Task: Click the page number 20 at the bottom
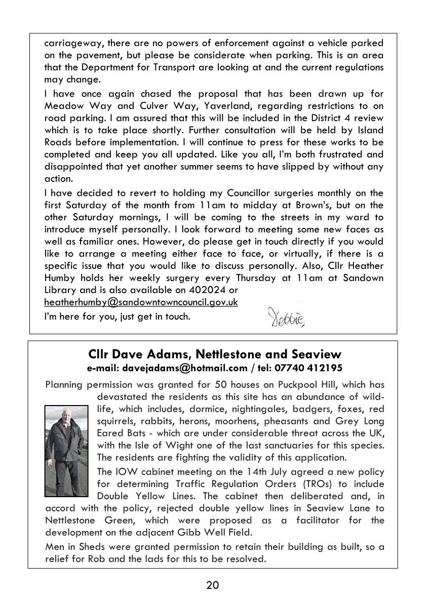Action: [x=212, y=586]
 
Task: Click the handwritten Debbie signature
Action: [x=285, y=318]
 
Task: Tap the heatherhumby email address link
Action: [x=141, y=302]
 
